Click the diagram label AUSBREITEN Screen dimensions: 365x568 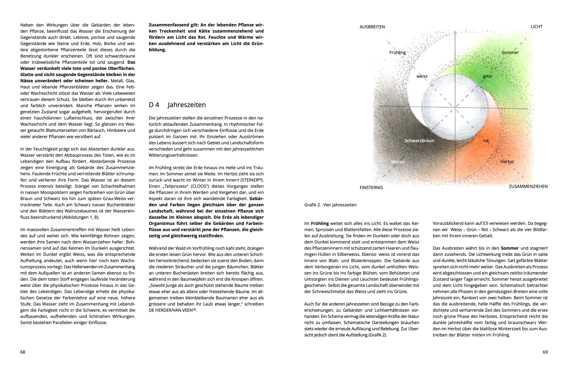pyautogui.click(x=372, y=27)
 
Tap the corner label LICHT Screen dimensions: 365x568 pyautogui.click(x=537, y=27)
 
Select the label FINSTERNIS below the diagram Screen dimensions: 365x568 pyautogui.click(x=371, y=188)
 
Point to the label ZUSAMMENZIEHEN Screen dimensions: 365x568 pyautogui.click(x=528, y=186)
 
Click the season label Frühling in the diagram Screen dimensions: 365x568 pyautogui.click(x=397, y=52)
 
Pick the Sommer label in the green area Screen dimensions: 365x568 pyautogui.click(x=510, y=52)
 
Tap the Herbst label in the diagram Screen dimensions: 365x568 pyautogui.click(x=507, y=162)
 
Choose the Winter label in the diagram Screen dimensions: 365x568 pyautogui.click(x=398, y=162)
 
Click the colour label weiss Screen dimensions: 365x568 pyautogui.click(x=422, y=76)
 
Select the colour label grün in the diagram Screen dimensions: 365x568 pyautogui.click(x=488, y=76)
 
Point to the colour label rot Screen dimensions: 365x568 pyautogui.click(x=486, y=141)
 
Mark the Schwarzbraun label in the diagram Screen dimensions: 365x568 pyautogui.click(x=419, y=141)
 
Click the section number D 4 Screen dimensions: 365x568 pyautogui.click(x=154, y=105)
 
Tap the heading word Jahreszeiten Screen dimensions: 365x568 pyautogui.click(x=187, y=105)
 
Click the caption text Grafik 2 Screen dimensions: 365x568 pyautogui.click(x=312, y=205)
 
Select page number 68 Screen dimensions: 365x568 pyautogui.click(x=23, y=352)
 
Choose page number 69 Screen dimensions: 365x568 pyautogui.click(x=545, y=352)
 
